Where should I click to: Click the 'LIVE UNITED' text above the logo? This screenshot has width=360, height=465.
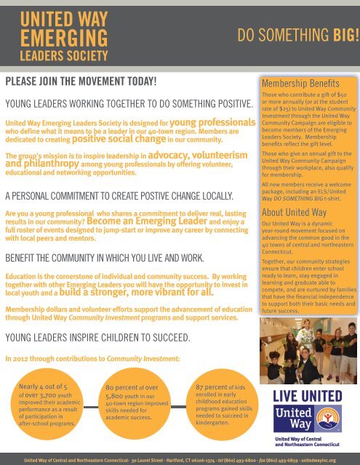(x=307, y=396)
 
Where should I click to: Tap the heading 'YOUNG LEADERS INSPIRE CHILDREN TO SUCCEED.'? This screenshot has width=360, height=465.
(x=98, y=337)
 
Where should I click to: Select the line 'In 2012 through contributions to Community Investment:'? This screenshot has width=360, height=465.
(x=94, y=358)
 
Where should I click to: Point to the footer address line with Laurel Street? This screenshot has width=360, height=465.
(x=180, y=460)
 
